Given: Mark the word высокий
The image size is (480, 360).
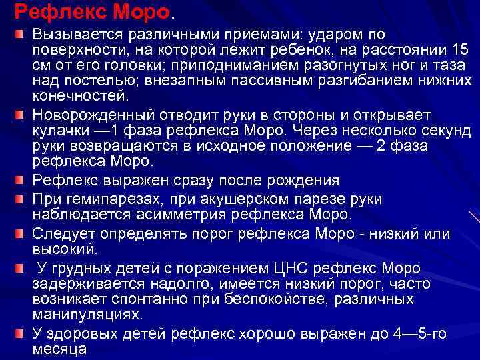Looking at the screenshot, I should click(65, 249).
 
